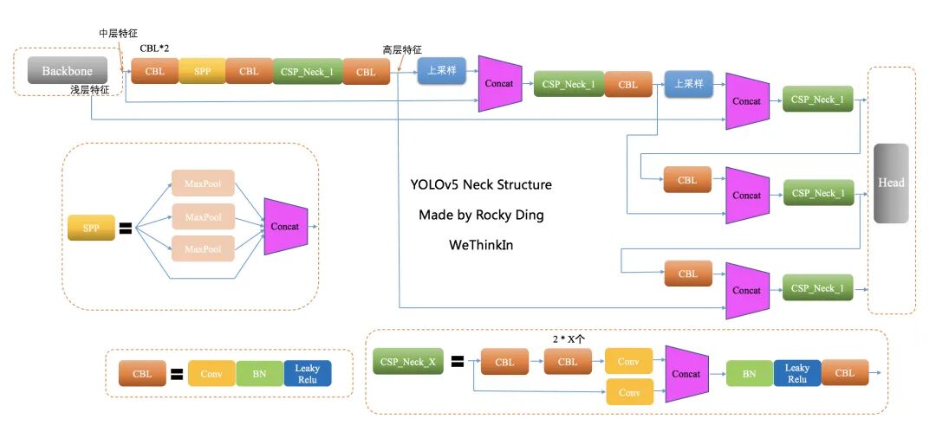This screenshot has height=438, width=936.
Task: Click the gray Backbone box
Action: (67, 71)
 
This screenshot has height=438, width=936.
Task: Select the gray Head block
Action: (891, 183)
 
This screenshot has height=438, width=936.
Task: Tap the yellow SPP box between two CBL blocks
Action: (202, 71)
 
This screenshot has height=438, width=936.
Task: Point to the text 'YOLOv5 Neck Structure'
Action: (481, 184)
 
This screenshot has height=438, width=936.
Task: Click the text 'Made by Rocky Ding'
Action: (481, 215)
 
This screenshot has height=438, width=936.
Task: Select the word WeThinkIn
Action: (481, 245)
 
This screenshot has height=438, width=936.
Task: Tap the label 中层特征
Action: (119, 33)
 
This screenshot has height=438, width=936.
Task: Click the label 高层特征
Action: (402, 49)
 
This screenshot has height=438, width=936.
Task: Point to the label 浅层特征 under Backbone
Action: (89, 90)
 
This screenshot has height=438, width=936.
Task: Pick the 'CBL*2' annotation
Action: (154, 48)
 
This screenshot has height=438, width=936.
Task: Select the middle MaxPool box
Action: (203, 216)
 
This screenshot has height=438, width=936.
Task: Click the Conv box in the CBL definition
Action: (211, 374)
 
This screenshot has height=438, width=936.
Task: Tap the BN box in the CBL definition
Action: (259, 374)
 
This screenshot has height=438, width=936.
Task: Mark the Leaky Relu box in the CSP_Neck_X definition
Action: (796, 373)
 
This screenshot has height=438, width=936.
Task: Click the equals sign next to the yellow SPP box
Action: (126, 229)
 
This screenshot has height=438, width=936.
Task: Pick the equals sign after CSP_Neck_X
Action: (457, 362)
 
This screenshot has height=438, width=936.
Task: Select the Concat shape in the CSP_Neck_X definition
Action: (686, 374)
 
